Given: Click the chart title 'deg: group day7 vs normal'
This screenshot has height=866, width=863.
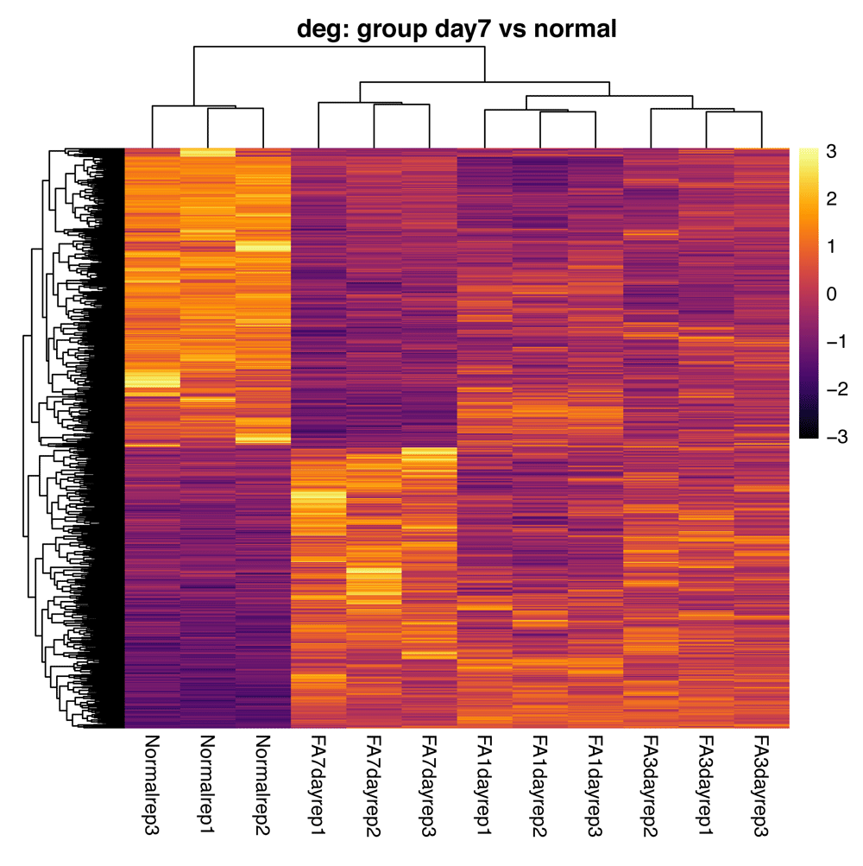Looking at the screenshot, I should point(457,28).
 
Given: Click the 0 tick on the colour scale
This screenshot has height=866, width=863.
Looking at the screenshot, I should point(830,295).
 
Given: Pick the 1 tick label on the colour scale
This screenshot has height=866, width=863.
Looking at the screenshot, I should point(830,248).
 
